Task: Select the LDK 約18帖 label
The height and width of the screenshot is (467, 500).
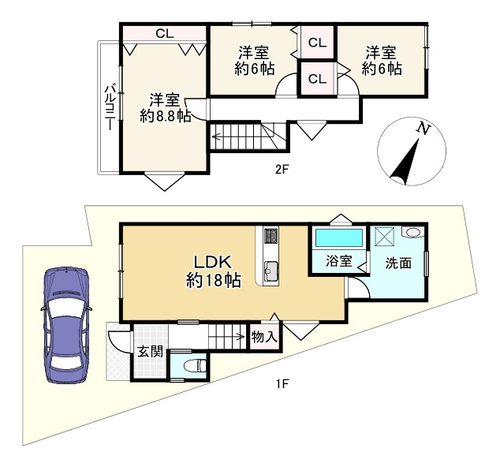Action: pyautogui.click(x=213, y=270)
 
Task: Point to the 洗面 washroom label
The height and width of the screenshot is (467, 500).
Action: pyautogui.click(x=397, y=263)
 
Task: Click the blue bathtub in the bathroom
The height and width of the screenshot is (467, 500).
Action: pyautogui.click(x=338, y=237)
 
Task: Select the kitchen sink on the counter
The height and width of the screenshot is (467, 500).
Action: pyautogui.click(x=270, y=271)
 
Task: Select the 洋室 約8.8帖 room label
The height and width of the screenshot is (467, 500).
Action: pyautogui.click(x=166, y=108)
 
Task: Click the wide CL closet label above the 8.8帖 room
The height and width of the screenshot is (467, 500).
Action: pyautogui.click(x=164, y=33)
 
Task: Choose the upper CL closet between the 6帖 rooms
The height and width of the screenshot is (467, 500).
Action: pyautogui.click(x=317, y=43)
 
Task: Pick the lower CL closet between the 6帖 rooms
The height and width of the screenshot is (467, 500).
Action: pyautogui.click(x=317, y=79)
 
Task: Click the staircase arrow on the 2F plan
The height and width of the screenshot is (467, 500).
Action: pyautogui.click(x=237, y=139)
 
